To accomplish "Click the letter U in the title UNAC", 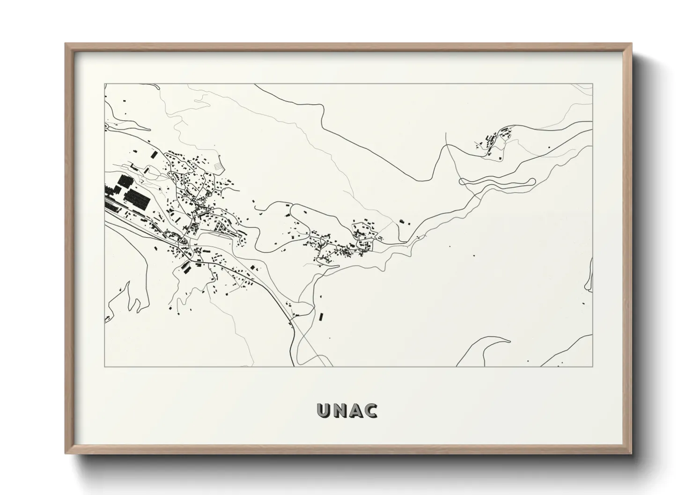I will (324, 411).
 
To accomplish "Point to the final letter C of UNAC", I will (371, 411).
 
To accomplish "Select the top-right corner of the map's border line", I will (593, 84).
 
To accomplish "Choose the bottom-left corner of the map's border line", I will (104, 366).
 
